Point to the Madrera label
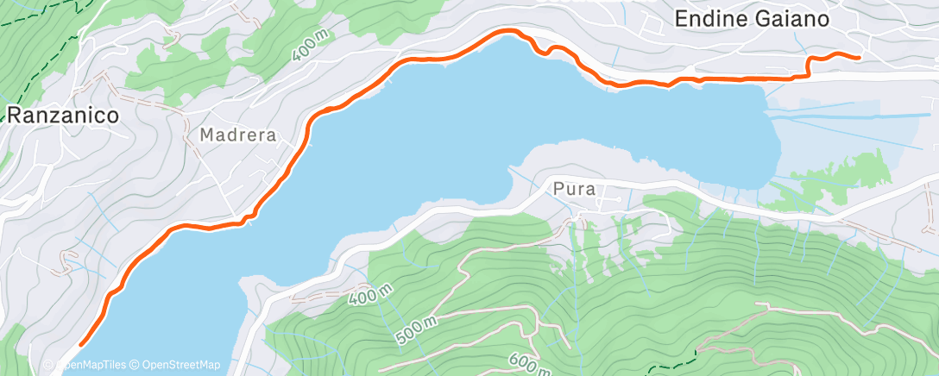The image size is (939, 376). click(x=237, y=135)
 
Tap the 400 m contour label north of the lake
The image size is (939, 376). click(x=311, y=44)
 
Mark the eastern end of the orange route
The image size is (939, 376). click(x=858, y=58)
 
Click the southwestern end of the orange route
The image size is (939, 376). click(x=81, y=345)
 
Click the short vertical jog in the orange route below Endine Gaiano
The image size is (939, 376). click(x=809, y=67)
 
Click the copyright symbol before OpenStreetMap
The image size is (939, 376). click(x=135, y=365)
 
